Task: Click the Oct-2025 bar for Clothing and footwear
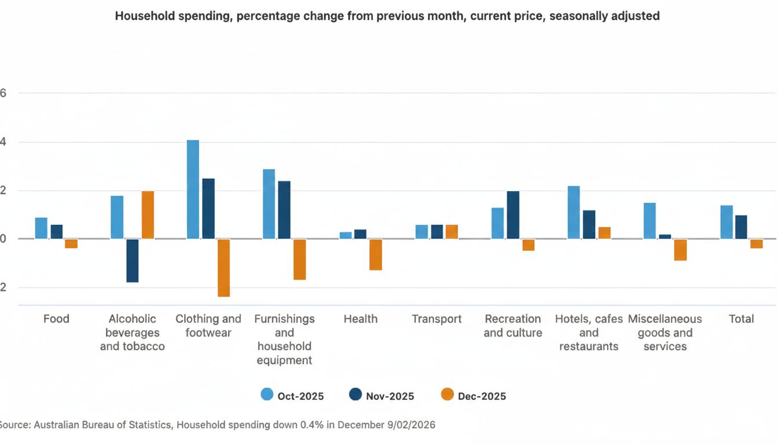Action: [193, 189]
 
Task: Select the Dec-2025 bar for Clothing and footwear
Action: [223, 268]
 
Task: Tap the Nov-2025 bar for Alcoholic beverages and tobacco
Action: [133, 260]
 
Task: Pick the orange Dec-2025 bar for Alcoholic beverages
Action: [148, 215]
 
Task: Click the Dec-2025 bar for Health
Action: [376, 254]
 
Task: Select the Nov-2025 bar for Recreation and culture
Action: [513, 215]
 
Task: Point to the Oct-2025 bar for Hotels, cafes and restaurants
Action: [574, 212]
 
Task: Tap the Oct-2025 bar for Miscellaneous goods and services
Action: [649, 221]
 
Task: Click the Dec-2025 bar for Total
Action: [757, 243]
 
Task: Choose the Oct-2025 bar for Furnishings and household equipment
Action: [269, 204]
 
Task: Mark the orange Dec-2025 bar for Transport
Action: [452, 232]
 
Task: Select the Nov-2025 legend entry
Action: [382, 396]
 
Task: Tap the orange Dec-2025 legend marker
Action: [447, 395]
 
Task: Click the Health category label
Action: [360, 319]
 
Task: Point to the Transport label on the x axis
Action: [436, 319]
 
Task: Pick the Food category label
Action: [56, 319]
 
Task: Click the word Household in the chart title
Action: [142, 16]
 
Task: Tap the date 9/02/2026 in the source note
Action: [410, 425]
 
